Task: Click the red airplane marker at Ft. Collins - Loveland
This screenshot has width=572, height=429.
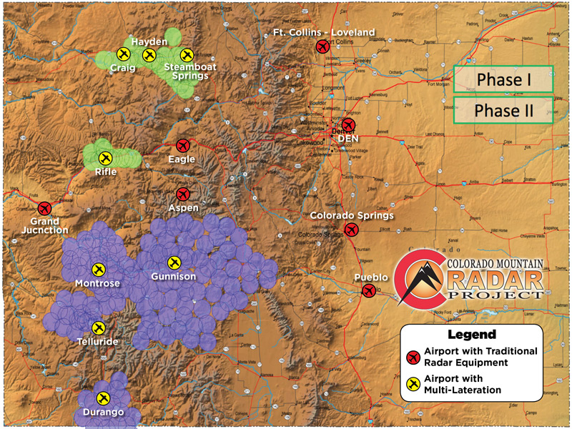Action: tap(322, 46)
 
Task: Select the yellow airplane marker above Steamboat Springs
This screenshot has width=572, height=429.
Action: tap(187, 54)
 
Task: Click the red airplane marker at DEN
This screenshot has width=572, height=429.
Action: tap(348, 125)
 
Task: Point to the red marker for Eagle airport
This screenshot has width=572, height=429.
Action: tap(182, 145)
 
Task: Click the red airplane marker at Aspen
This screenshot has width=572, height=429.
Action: tap(183, 194)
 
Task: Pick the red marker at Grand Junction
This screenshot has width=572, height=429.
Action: tap(45, 208)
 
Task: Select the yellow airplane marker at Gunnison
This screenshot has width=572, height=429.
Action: tap(172, 262)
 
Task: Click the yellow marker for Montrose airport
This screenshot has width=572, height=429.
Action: tap(99, 269)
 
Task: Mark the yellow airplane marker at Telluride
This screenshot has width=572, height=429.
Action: tap(99, 327)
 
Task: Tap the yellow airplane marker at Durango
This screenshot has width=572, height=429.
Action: tap(103, 398)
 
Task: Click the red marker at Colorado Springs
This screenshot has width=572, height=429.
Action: tap(351, 230)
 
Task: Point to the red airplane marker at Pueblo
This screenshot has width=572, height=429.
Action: tap(369, 290)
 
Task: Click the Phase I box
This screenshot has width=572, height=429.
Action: tap(503, 79)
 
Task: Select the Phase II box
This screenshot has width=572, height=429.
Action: tap(503, 111)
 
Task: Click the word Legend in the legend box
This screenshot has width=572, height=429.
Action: tap(470, 335)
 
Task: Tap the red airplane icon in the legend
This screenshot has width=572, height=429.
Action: tap(413, 356)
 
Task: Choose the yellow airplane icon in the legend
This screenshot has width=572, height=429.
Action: tap(413, 384)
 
